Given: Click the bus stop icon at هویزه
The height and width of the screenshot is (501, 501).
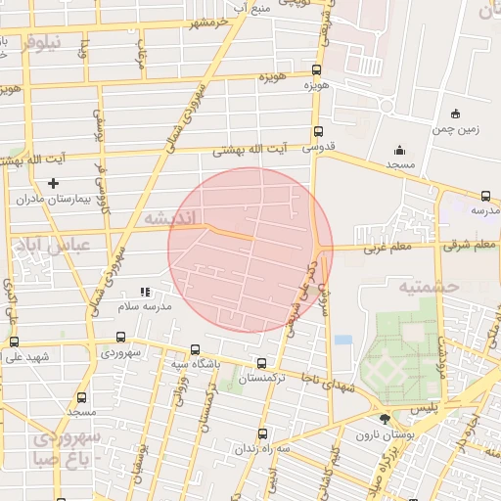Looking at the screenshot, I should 316,69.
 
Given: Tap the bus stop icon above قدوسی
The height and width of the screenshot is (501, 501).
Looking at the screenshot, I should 318,132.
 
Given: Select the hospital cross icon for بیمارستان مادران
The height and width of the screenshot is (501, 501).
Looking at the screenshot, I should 53,183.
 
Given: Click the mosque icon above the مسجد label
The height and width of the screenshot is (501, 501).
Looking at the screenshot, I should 399,150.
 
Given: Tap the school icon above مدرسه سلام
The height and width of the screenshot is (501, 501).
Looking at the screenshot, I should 145,291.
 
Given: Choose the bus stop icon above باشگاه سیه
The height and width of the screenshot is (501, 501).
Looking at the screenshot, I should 195,349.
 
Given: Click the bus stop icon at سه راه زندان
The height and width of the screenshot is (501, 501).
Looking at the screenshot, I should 260,433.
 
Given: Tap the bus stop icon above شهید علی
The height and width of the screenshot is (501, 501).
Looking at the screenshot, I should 14,342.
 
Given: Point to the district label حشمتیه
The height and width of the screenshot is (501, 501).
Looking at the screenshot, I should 429,286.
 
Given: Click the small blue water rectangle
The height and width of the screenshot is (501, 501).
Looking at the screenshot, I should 342,340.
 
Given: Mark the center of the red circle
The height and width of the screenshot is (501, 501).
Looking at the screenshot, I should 250,250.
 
